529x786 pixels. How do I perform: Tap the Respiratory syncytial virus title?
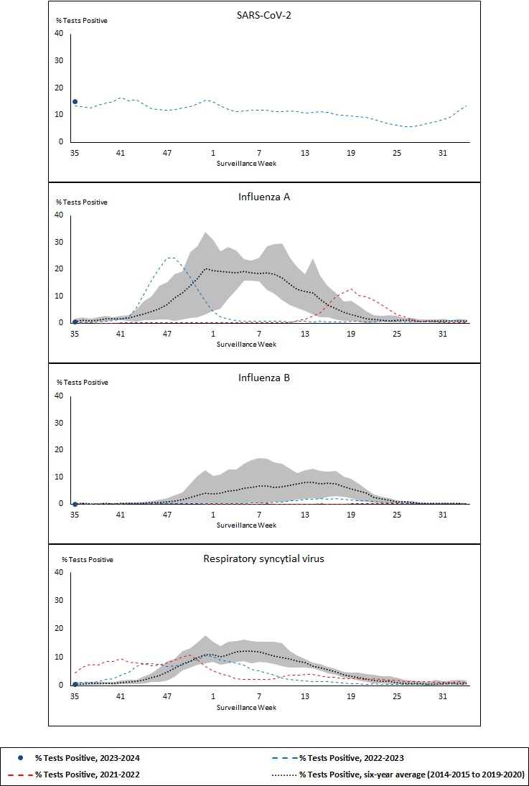tap(264, 558)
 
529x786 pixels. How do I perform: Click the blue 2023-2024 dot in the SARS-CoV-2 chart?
tap(75, 102)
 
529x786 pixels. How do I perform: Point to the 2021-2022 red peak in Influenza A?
tap(350, 289)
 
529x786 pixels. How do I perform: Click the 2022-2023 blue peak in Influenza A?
tap(169, 257)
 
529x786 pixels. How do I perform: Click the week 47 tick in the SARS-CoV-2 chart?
tap(167, 153)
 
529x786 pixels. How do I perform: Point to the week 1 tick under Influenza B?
tap(213, 515)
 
